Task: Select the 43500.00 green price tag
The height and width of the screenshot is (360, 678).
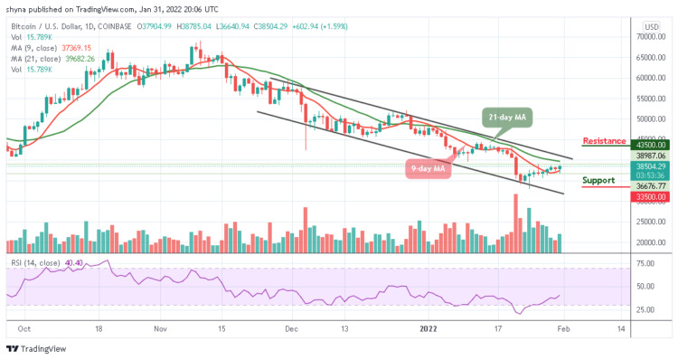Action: (x=650, y=145)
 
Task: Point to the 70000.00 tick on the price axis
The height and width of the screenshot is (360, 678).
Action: (x=649, y=37)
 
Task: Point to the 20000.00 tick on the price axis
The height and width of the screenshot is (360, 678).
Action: (x=649, y=242)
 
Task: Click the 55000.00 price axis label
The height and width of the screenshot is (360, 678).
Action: (x=649, y=99)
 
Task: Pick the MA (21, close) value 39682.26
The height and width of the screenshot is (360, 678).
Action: (x=80, y=59)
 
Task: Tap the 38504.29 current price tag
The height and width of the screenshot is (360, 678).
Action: (x=650, y=166)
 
